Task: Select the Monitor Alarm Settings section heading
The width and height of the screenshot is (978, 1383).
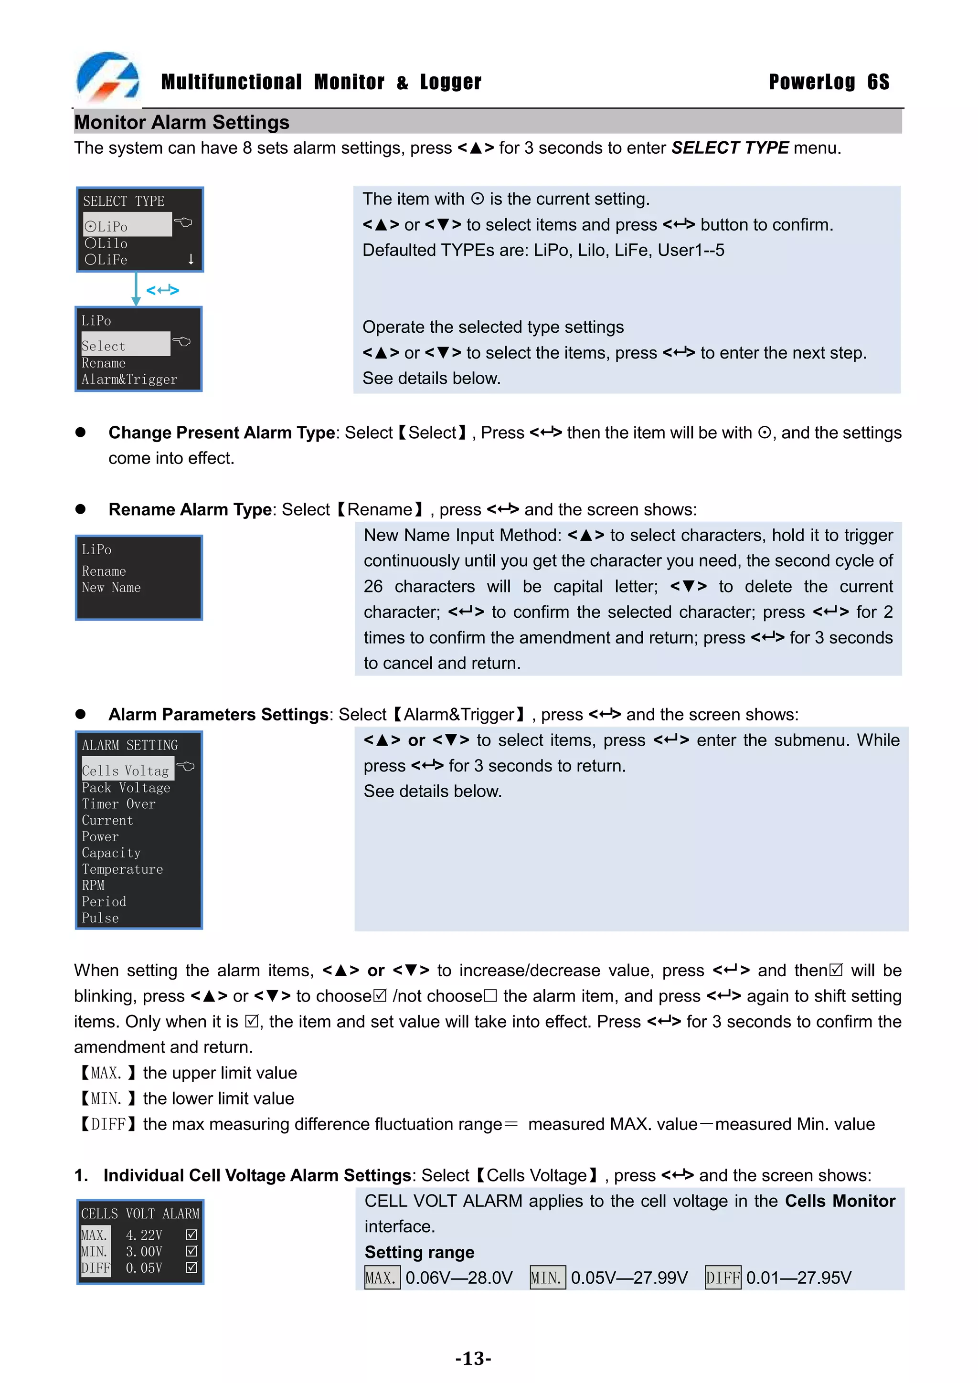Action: pos(181,122)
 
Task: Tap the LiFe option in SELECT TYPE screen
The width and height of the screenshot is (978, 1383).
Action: pos(106,260)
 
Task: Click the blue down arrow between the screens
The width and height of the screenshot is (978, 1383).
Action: pos(136,289)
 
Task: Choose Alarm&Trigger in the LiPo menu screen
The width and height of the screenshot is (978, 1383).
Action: pos(129,380)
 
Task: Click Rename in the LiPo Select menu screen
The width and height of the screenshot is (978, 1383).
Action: pos(104,363)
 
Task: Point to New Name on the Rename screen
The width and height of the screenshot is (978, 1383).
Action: pos(111,587)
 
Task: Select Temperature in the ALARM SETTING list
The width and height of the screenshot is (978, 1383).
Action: pos(122,869)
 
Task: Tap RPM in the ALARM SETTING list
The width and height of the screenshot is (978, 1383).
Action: pos(94,886)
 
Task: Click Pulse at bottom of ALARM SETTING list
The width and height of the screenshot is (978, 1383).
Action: pos(100,918)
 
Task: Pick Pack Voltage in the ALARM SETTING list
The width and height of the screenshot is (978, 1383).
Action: pos(126,788)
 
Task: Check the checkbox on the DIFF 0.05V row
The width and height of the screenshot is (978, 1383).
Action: pos(191,1267)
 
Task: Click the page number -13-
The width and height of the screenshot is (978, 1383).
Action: pos(473,1358)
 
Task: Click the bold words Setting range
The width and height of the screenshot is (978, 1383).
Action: pos(419,1252)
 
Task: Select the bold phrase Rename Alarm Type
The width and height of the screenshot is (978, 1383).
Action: pos(190,509)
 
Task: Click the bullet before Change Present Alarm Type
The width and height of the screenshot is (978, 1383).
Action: pos(80,433)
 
